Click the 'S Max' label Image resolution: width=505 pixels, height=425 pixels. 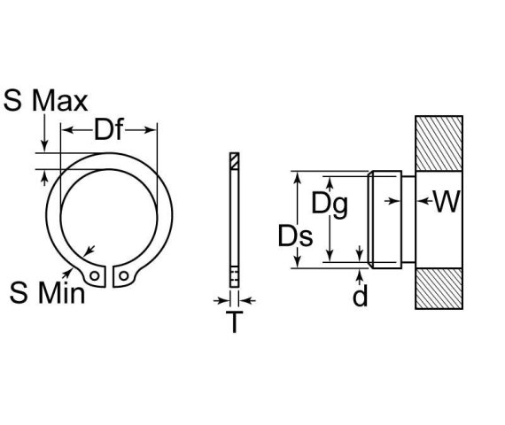[x=45, y=100]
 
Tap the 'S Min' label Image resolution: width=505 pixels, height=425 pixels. [x=48, y=293]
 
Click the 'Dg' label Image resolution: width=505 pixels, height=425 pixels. [x=329, y=205]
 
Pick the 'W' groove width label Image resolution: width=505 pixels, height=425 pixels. [x=447, y=203]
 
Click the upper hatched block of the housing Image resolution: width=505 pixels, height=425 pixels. [x=439, y=143]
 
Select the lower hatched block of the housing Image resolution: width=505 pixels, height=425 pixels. [x=439, y=288]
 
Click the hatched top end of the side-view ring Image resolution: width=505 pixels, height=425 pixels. [x=234, y=161]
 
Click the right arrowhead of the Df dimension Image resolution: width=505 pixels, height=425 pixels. [x=151, y=131]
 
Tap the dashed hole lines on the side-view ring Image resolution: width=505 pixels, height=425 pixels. [x=234, y=274]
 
